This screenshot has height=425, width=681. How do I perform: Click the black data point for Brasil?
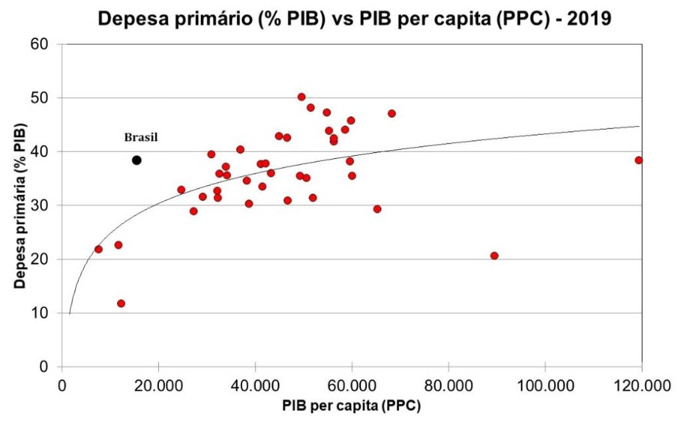pyautogui.click(x=136, y=160)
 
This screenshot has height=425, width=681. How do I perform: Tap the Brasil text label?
pyautogui.click(x=141, y=138)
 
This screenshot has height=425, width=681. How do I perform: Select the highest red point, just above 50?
pyautogui.click(x=301, y=96)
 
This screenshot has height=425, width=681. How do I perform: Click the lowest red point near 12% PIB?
pyautogui.click(x=121, y=303)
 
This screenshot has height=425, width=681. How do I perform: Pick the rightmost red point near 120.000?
pyautogui.click(x=638, y=160)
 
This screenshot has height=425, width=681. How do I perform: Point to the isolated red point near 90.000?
pyautogui.click(x=494, y=255)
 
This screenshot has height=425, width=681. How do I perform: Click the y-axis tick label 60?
pyautogui.click(x=47, y=45)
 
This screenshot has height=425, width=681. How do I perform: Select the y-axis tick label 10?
pyautogui.click(x=47, y=313)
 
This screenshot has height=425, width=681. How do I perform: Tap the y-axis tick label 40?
pyautogui.click(x=47, y=152)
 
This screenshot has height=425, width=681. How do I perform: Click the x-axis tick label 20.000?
pyautogui.click(x=159, y=384)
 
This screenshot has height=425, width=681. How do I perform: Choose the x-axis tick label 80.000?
pyautogui.click(x=449, y=384)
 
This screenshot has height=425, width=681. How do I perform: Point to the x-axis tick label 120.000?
pyautogui.click(x=641, y=384)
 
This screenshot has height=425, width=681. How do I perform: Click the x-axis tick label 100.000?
pyautogui.click(x=545, y=384)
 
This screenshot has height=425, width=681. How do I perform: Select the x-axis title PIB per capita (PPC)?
pyautogui.click(x=350, y=404)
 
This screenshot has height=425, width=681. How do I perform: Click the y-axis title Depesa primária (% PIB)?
pyautogui.click(x=21, y=205)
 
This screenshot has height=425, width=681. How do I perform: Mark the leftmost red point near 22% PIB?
pyautogui.click(x=98, y=249)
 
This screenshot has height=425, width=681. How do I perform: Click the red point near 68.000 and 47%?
pyautogui.click(x=392, y=113)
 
